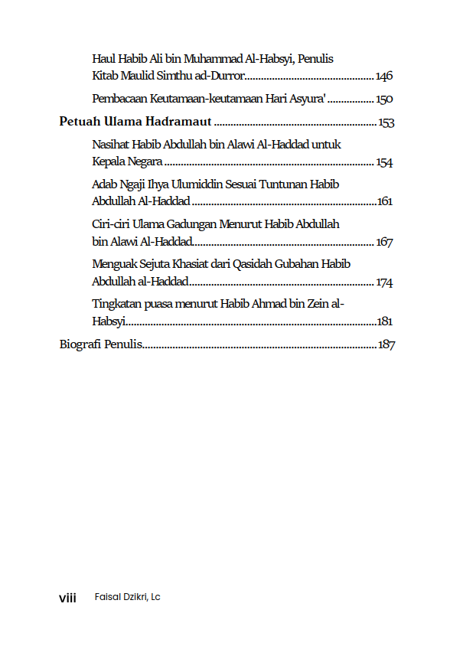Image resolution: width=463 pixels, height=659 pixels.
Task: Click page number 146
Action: tap(384, 76)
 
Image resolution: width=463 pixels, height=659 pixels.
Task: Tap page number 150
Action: tap(384, 100)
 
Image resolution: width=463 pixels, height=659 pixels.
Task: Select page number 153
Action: tap(386, 123)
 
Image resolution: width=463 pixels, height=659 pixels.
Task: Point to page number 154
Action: tap(384, 162)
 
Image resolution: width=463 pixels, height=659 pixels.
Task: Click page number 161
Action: tap(385, 202)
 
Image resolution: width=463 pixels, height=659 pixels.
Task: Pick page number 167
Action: tap(384, 242)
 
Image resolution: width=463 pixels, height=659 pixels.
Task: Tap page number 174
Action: tap(384, 282)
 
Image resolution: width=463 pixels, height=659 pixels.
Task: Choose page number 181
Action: tap(385, 322)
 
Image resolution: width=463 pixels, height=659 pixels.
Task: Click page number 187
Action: tap(386, 345)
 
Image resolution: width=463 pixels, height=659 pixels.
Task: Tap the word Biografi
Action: tap(80, 345)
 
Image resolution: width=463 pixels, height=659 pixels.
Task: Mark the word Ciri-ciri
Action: tap(112, 225)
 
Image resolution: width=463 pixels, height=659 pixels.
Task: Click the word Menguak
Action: tap(115, 265)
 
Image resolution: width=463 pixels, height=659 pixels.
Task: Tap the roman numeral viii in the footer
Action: tap(68, 597)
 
